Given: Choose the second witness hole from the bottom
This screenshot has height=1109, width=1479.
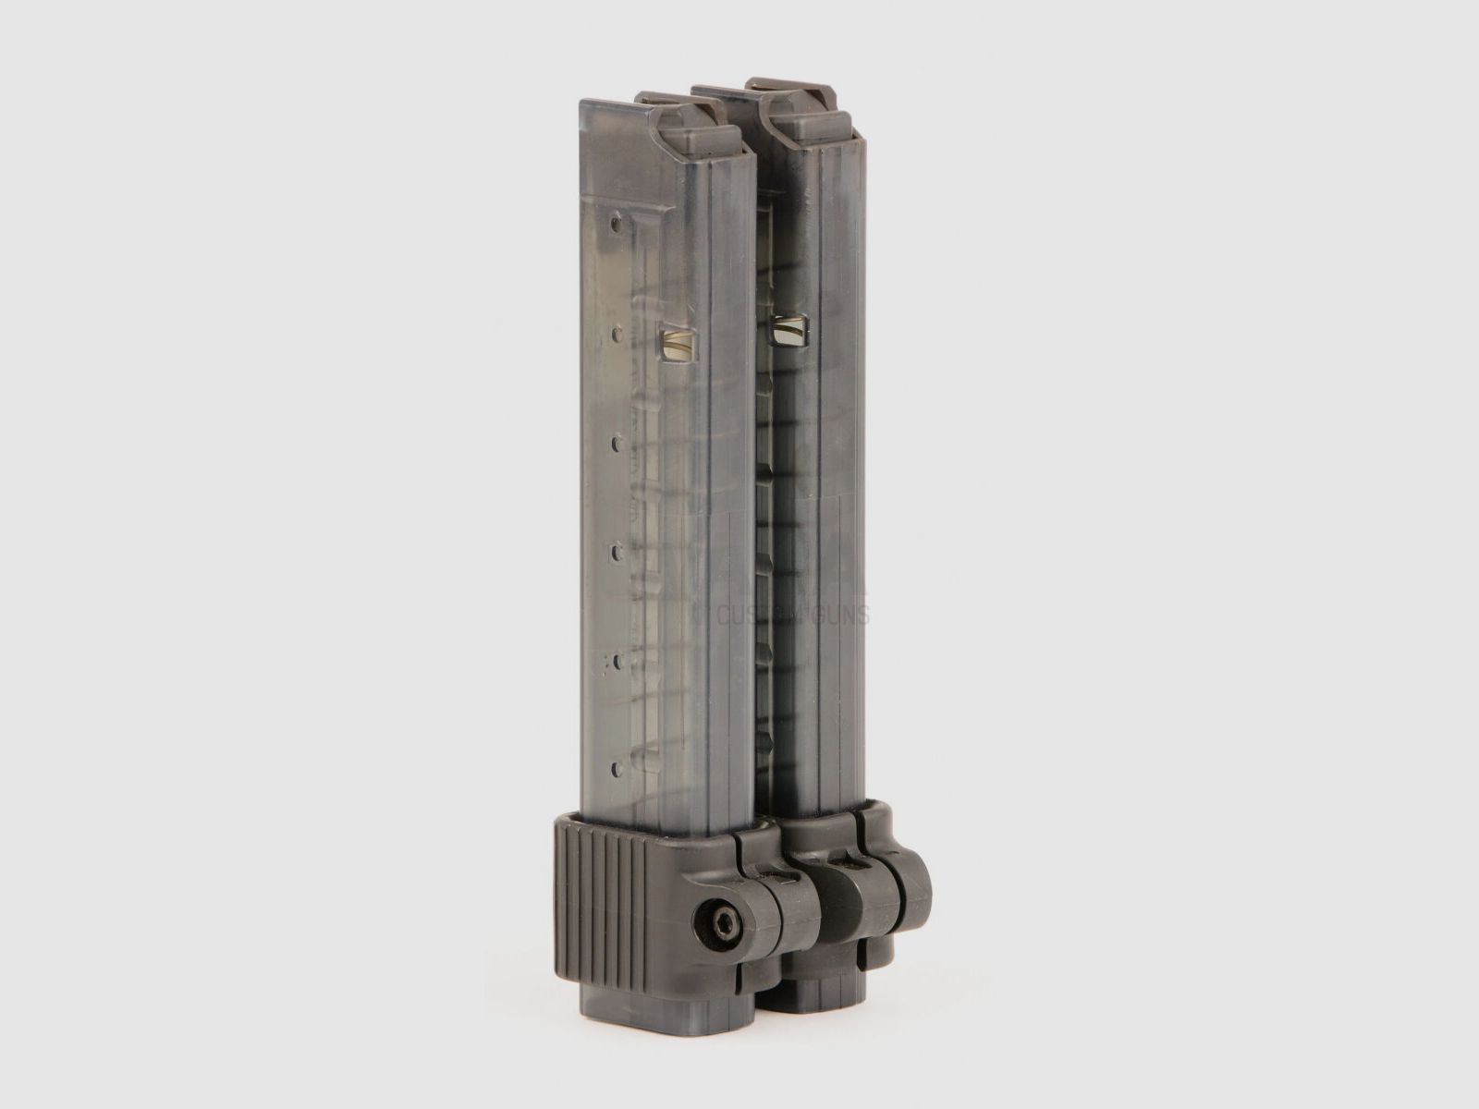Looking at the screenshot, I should (617, 661).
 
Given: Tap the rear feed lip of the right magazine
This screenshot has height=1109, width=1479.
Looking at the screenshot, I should (726, 97).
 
